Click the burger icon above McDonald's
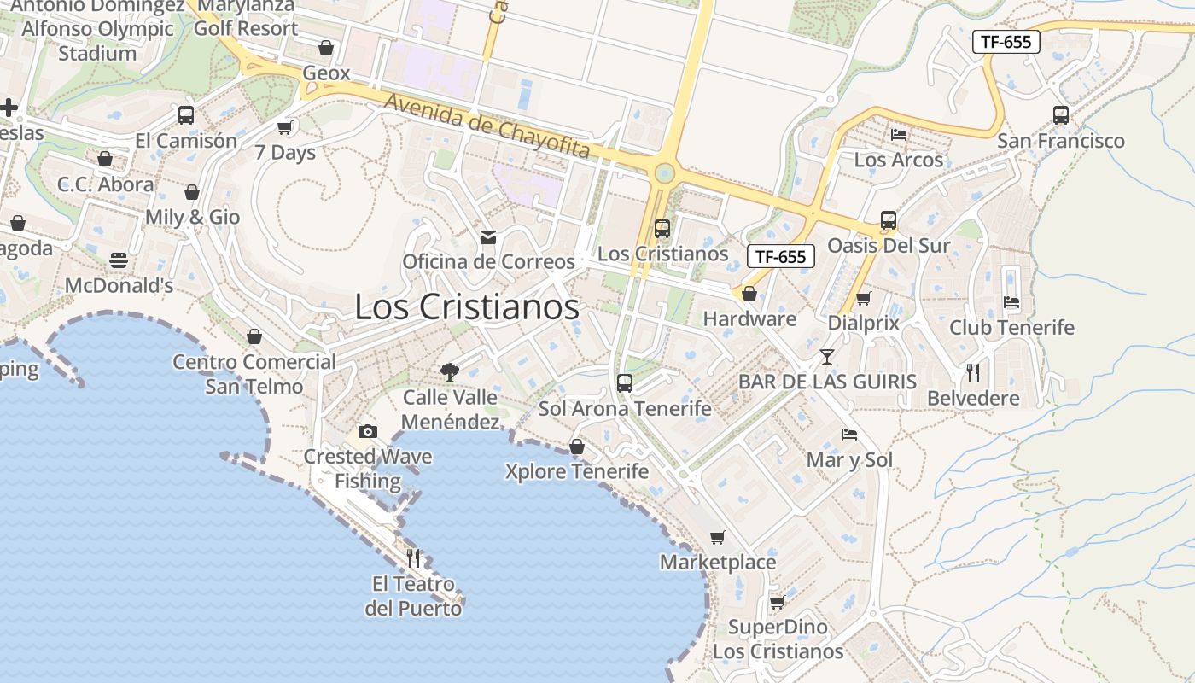coord(119,260)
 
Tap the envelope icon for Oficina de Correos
coord(488,236)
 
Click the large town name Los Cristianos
coord(467,307)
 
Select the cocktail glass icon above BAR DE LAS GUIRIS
coord(826,356)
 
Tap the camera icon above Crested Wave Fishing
coord(368,431)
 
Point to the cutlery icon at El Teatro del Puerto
coord(413,558)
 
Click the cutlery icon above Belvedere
coord(973,372)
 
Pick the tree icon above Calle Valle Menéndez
coord(449,371)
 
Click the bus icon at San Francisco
coord(1061,114)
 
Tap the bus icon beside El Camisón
coord(185,114)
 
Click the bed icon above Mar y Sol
coord(849,434)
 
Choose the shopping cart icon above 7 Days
coord(285,127)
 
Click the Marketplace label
coord(718,562)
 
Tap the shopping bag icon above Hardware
coord(749,294)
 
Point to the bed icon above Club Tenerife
coord(1011,302)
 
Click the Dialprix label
coord(864,324)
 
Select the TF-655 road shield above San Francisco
coord(1006,42)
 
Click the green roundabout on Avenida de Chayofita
coord(663,174)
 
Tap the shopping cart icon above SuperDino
coord(777,602)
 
